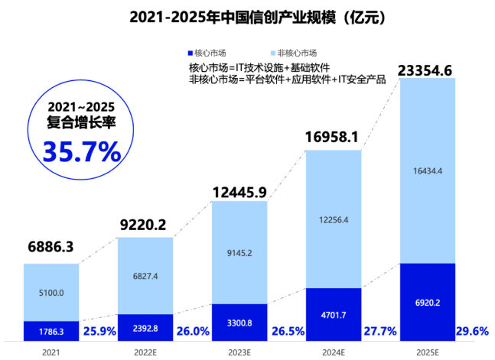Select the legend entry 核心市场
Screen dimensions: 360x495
[207, 52]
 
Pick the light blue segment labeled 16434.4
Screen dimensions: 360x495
[427, 170]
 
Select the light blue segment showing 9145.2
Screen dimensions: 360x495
[239, 252]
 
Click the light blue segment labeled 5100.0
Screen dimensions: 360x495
[50, 292]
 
